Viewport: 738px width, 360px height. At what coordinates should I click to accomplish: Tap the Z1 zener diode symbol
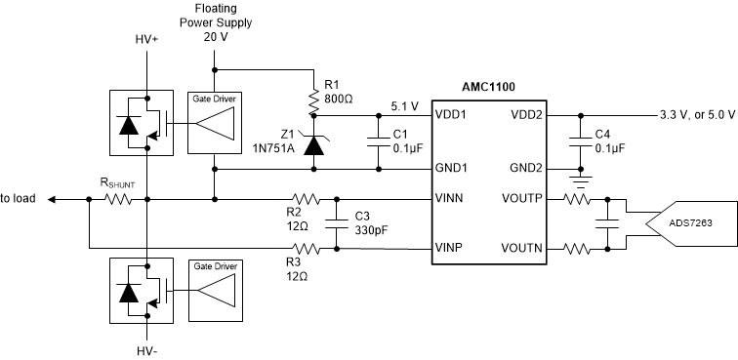313,144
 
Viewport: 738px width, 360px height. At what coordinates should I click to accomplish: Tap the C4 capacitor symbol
580,141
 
